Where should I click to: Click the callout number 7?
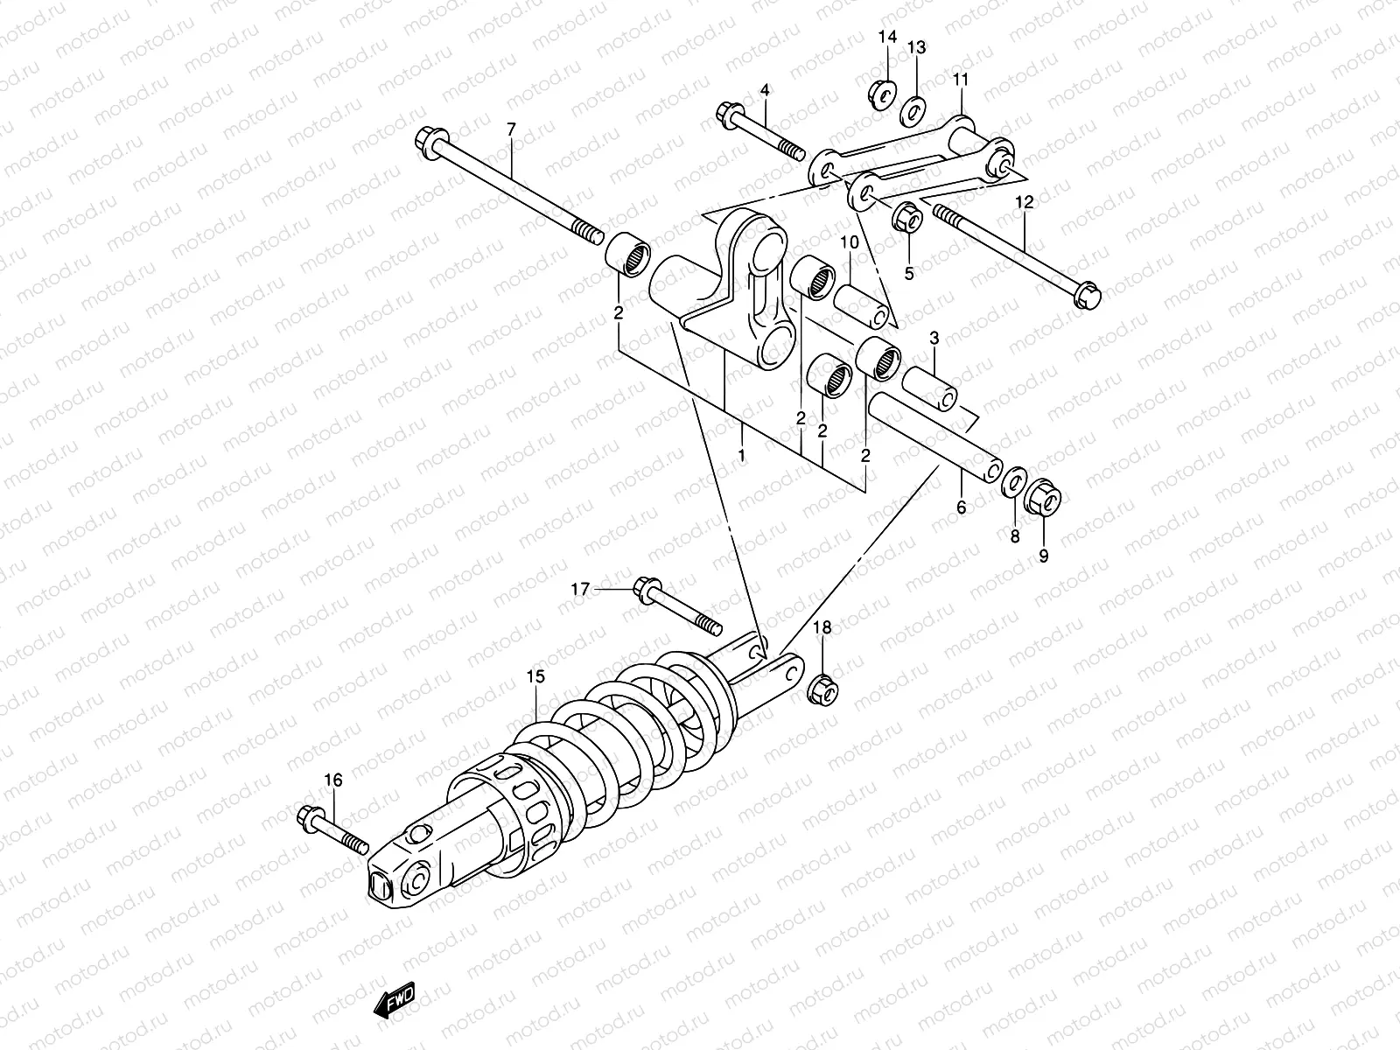coord(512,129)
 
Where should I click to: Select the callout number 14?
coord(887,37)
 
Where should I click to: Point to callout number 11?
coord(961,80)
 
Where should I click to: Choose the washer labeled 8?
coord(1014,481)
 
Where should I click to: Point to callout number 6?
coord(961,507)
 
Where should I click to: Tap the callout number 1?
coord(741,456)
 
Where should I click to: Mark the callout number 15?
coord(535,676)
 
